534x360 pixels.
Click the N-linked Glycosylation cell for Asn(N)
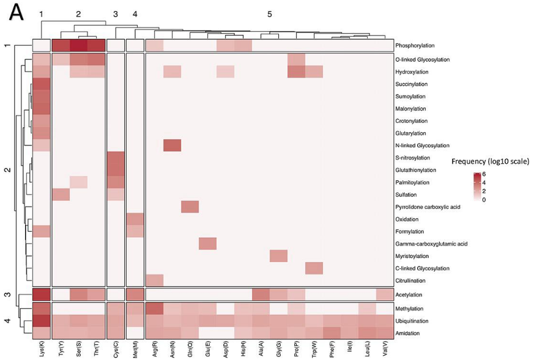click(x=172, y=145)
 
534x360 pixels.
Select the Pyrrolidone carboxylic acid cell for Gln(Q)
click(x=190, y=207)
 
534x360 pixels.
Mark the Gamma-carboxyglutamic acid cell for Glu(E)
click(x=208, y=244)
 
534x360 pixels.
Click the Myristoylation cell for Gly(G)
click(x=278, y=256)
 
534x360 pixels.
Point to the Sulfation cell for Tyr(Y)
click(x=61, y=194)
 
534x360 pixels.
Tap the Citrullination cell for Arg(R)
click(x=155, y=281)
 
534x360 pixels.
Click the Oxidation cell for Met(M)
click(x=135, y=219)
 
